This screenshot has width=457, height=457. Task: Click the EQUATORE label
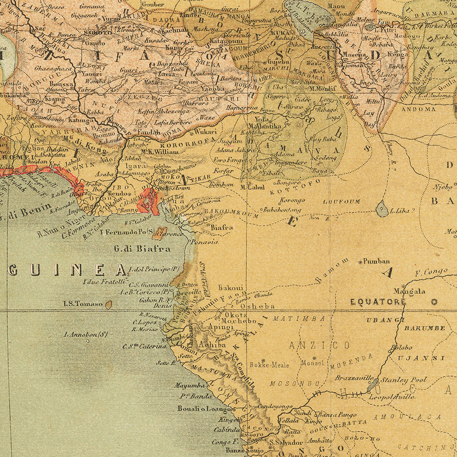point(378,302)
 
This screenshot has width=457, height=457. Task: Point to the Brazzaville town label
point(354,378)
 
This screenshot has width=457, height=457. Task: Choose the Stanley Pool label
point(404,379)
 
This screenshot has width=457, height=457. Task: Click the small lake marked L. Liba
point(382,209)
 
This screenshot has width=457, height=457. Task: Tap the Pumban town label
point(376,261)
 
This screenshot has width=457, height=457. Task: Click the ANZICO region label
point(319,345)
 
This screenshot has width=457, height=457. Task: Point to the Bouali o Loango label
point(205,408)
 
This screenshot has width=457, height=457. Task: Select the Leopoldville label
point(390,397)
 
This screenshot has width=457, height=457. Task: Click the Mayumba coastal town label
point(189,385)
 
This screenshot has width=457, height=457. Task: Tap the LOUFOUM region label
point(342,201)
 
